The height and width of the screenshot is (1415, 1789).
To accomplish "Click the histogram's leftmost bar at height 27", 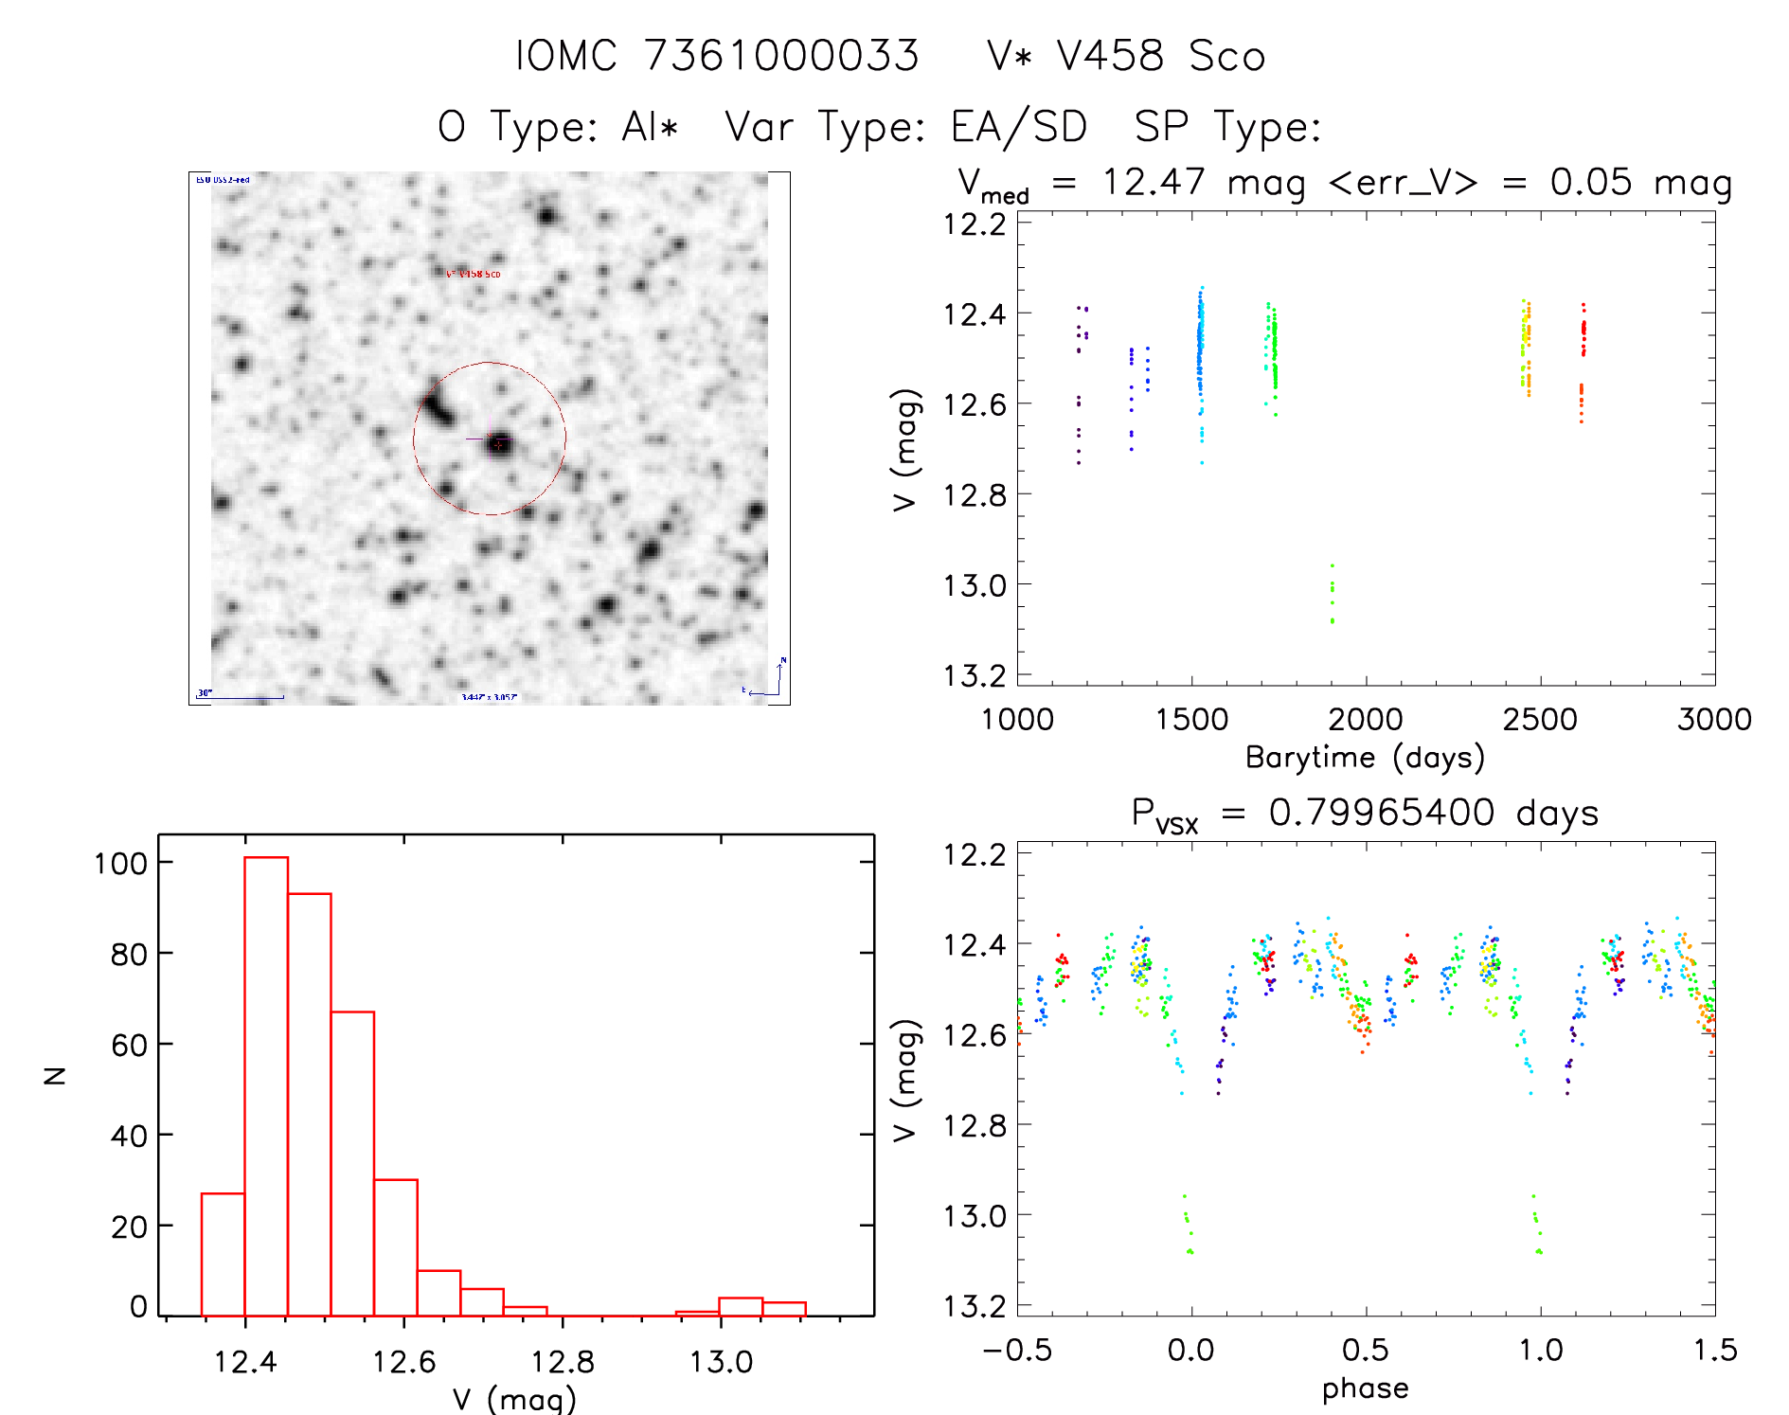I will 224,1254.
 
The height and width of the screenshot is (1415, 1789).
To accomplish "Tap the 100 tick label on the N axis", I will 120,863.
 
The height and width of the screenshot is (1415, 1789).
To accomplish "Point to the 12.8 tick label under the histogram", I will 563,1362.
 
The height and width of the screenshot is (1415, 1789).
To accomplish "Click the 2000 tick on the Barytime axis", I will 1366,720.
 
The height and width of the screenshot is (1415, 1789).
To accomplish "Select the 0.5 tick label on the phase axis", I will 1366,1350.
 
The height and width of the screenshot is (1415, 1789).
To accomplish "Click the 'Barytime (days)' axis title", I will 1365,758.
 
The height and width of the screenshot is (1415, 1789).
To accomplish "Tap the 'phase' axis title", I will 1365,1388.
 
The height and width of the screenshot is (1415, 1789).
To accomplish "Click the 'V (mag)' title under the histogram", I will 514,1399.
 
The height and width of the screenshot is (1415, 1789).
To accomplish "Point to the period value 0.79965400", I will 1382,813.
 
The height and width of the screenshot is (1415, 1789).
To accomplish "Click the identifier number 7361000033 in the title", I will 781,56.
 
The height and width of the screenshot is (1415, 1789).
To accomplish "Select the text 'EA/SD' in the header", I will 1019,127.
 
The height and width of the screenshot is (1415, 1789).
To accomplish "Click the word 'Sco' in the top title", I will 1227,56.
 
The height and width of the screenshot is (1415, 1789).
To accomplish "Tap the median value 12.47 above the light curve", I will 1154,182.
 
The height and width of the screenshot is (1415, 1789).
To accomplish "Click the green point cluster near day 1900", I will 1332,595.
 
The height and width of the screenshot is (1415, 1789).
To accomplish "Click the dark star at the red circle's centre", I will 499,442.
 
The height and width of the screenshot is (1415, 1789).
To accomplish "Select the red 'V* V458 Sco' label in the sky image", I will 474,274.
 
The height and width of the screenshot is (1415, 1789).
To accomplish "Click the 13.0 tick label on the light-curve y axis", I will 975,586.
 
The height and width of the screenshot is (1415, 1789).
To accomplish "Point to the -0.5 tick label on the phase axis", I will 1017,1350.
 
